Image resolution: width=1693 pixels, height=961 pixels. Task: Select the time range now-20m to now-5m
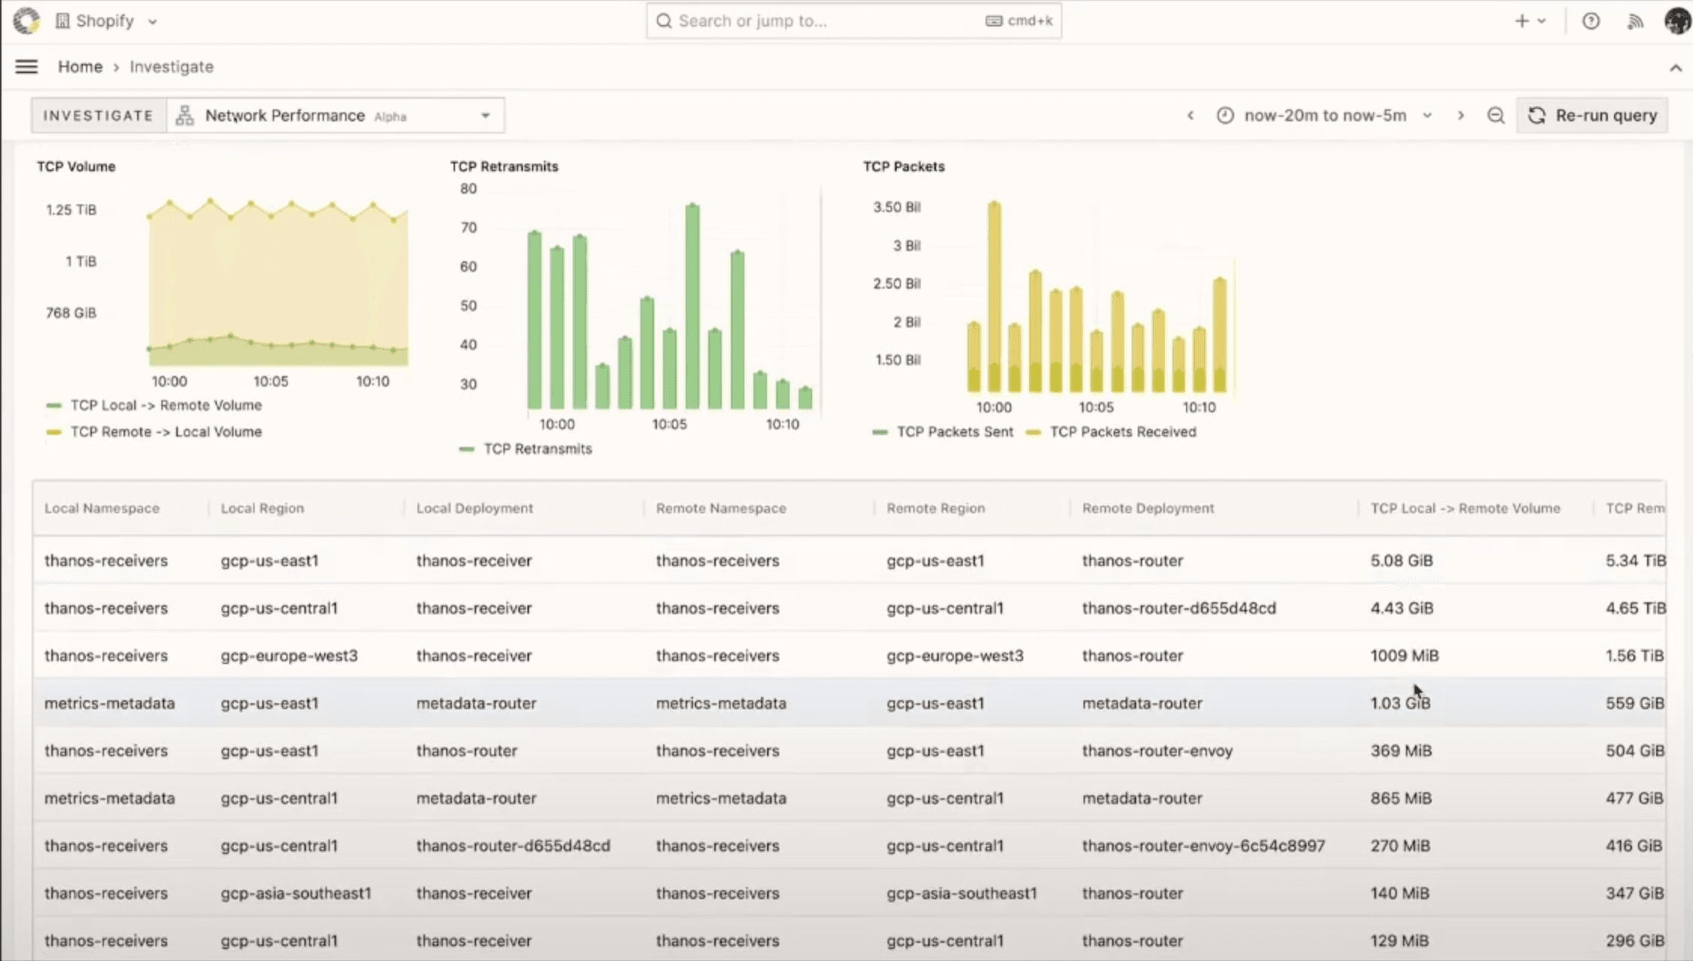(1325, 115)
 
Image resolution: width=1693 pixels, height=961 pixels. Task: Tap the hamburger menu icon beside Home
(26, 67)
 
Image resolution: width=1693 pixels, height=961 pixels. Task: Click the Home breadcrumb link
(80, 67)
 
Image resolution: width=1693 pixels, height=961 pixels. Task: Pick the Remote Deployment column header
(1148, 508)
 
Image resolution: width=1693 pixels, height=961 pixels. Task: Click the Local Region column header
(262, 508)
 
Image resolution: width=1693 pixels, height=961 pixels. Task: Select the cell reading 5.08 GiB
(1401, 561)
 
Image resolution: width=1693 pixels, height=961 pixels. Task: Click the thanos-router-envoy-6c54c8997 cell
(1203, 846)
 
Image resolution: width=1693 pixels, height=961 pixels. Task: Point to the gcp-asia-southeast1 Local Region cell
(295, 893)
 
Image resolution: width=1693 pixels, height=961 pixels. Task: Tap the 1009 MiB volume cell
(1404, 656)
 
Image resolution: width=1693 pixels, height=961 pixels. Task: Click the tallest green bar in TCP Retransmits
(692, 305)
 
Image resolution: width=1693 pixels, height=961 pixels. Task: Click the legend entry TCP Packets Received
(1122, 432)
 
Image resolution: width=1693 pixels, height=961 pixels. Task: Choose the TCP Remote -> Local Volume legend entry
(166, 432)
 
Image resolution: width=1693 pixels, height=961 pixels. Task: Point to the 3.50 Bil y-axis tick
(897, 207)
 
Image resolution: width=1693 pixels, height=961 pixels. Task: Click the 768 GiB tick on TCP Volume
(71, 313)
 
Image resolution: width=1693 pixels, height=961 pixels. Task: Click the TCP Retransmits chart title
(504, 167)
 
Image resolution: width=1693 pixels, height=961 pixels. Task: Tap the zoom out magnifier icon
(1496, 115)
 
